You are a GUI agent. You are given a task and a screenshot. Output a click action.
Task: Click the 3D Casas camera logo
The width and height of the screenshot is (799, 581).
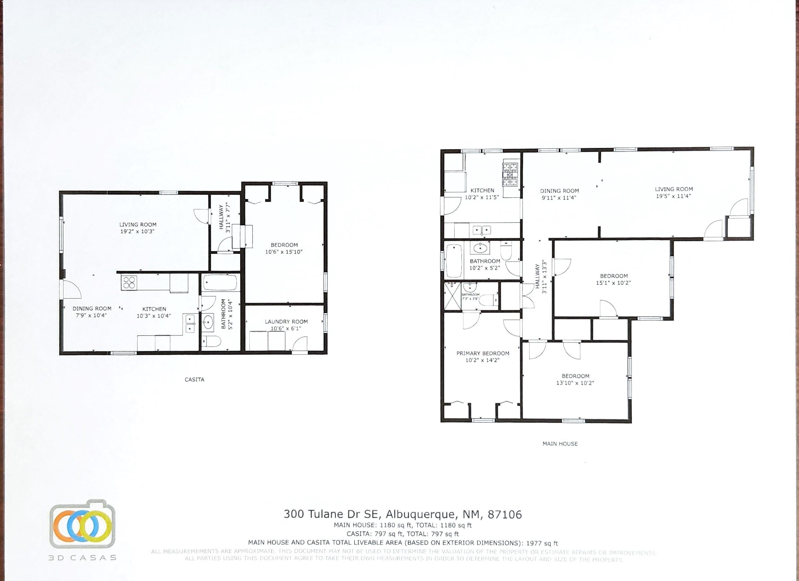point(82,525)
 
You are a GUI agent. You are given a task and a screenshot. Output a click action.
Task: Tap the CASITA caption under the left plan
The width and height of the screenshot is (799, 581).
point(195,380)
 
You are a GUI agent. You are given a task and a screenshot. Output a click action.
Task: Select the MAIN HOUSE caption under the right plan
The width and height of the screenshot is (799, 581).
point(560,444)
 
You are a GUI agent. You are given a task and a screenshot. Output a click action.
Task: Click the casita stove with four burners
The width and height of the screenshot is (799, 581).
point(129,282)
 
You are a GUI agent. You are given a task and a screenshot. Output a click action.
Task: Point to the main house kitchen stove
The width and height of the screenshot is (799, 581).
point(510,174)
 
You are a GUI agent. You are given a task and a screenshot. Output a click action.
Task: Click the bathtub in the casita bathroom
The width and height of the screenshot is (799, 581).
point(220,282)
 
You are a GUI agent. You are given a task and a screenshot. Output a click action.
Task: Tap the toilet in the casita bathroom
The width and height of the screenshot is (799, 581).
point(212,341)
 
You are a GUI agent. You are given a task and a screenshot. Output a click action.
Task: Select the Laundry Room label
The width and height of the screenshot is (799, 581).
point(286,322)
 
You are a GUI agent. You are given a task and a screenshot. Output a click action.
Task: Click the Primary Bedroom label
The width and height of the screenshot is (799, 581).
point(483,353)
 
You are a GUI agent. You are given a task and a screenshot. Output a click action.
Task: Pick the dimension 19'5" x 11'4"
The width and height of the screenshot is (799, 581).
point(673,196)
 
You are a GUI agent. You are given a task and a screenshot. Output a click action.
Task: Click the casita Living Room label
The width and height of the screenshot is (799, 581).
point(138,224)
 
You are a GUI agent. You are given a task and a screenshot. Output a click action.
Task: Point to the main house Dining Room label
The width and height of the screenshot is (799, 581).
point(559,191)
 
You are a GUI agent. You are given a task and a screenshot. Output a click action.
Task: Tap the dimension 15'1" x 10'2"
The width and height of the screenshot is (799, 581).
point(613,283)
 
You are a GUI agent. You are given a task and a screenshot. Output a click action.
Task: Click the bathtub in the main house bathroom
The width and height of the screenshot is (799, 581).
point(454,261)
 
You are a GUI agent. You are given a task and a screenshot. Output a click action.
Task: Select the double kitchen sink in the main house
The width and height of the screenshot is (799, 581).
point(482,230)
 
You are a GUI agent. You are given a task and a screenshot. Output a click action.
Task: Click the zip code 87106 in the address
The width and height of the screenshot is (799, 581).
point(505,515)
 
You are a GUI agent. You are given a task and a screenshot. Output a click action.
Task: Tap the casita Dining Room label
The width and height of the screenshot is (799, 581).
point(92,308)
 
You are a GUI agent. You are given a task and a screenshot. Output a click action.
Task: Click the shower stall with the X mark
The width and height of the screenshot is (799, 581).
point(452,296)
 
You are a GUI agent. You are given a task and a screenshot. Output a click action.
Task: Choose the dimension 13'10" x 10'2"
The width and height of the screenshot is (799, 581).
point(575,383)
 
